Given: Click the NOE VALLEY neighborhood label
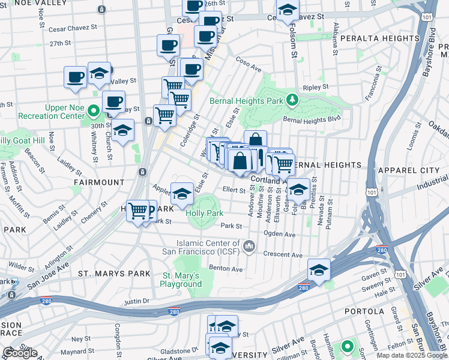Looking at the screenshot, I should click(x=29, y=3).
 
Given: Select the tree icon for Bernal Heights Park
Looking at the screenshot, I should click(x=292, y=99).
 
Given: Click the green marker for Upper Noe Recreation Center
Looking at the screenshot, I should click(x=94, y=111).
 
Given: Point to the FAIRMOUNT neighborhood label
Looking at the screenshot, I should click(x=98, y=182).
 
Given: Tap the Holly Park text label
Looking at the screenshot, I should click(x=205, y=213).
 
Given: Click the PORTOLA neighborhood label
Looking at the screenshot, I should click(x=364, y=311).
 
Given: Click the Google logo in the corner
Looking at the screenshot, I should click(x=20, y=353).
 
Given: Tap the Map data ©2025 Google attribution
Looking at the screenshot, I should click(x=412, y=355).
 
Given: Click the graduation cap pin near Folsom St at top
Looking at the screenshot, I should click(x=288, y=10).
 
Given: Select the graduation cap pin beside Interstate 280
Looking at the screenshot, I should click(x=319, y=270).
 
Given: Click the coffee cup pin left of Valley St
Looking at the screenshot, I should click(x=76, y=77).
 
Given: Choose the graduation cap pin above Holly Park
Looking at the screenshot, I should click(x=182, y=194).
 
